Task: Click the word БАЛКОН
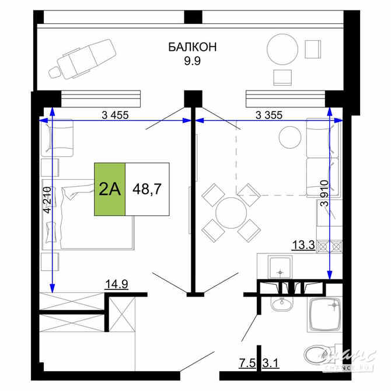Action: pos(193,47)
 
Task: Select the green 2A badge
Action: pos(110,189)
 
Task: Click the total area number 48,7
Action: pos(147,189)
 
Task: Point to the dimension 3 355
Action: pos(269,114)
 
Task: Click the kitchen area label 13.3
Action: pos(303,246)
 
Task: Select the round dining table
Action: pos(230,212)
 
